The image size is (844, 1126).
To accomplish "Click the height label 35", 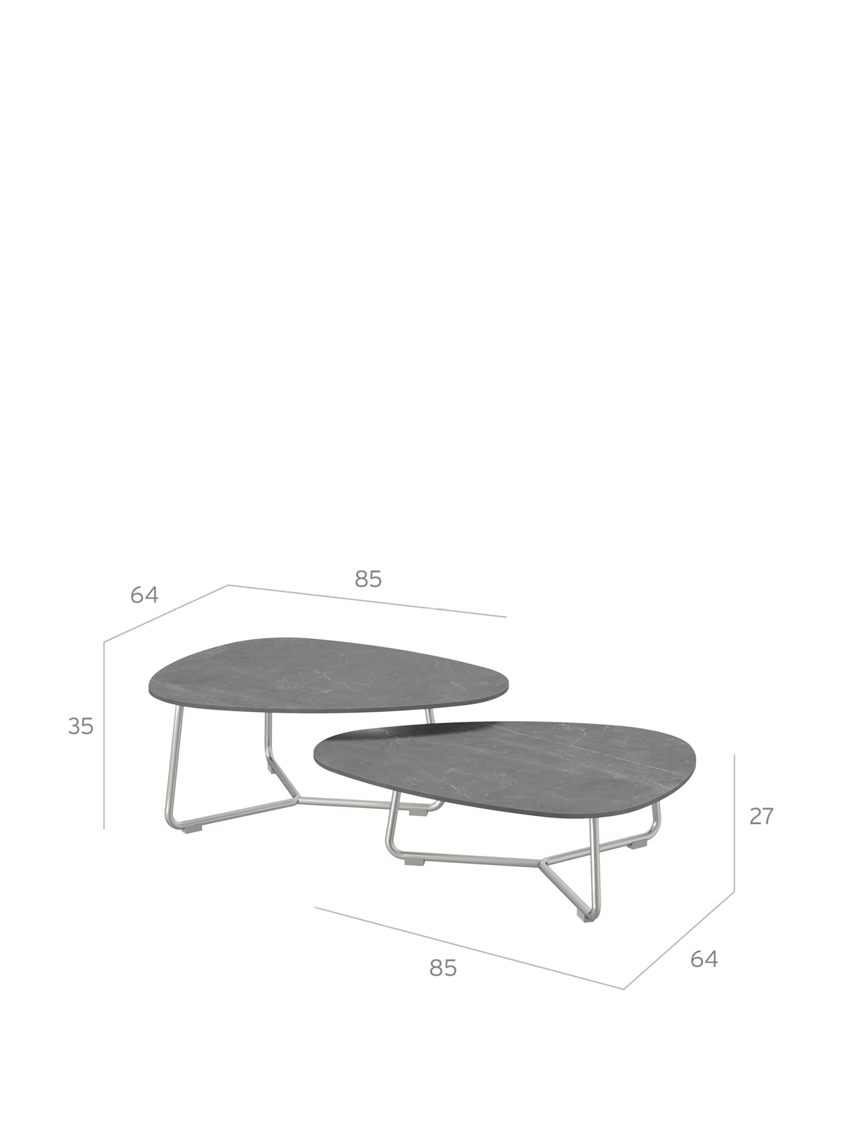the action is pos(80,726).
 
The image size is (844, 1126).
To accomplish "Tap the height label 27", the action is pos(761,816).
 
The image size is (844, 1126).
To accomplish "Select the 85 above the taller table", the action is pos(369,579).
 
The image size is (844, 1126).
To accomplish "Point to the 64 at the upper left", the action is pos(144,595).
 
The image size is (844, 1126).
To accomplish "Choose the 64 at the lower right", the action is pos(704,959).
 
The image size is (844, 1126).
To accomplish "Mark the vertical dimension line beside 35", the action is pos(104,735).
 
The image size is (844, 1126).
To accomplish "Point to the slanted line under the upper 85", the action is pos(367,601).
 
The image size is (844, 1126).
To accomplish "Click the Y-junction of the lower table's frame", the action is pos(542,862).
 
